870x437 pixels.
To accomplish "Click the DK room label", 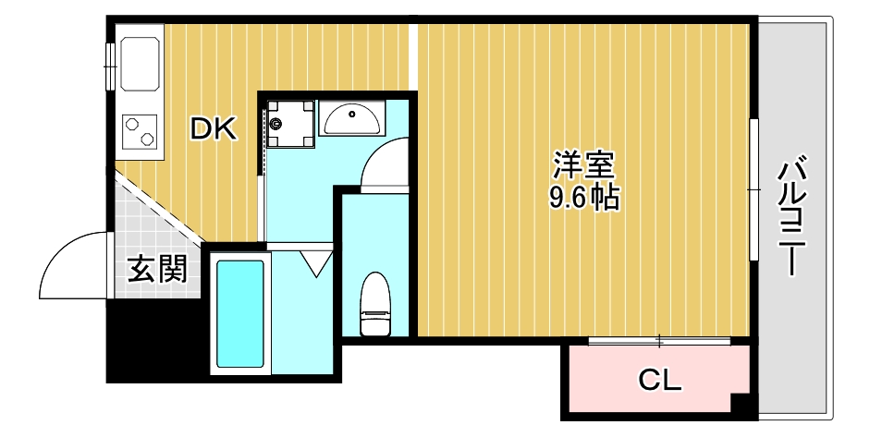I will click(214, 129).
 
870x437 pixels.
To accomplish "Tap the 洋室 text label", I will click(583, 166).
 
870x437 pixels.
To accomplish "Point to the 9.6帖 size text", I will click(583, 197).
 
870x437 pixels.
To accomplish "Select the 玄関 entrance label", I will click(157, 269).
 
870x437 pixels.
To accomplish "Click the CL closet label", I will click(660, 379).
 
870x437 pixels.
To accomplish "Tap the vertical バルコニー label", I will click(792, 217).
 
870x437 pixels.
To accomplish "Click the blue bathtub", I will click(240, 312).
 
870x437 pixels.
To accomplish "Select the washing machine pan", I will click(289, 122).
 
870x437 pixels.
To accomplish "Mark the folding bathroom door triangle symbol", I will click(317, 263).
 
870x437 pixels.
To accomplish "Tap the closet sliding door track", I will click(660, 341).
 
